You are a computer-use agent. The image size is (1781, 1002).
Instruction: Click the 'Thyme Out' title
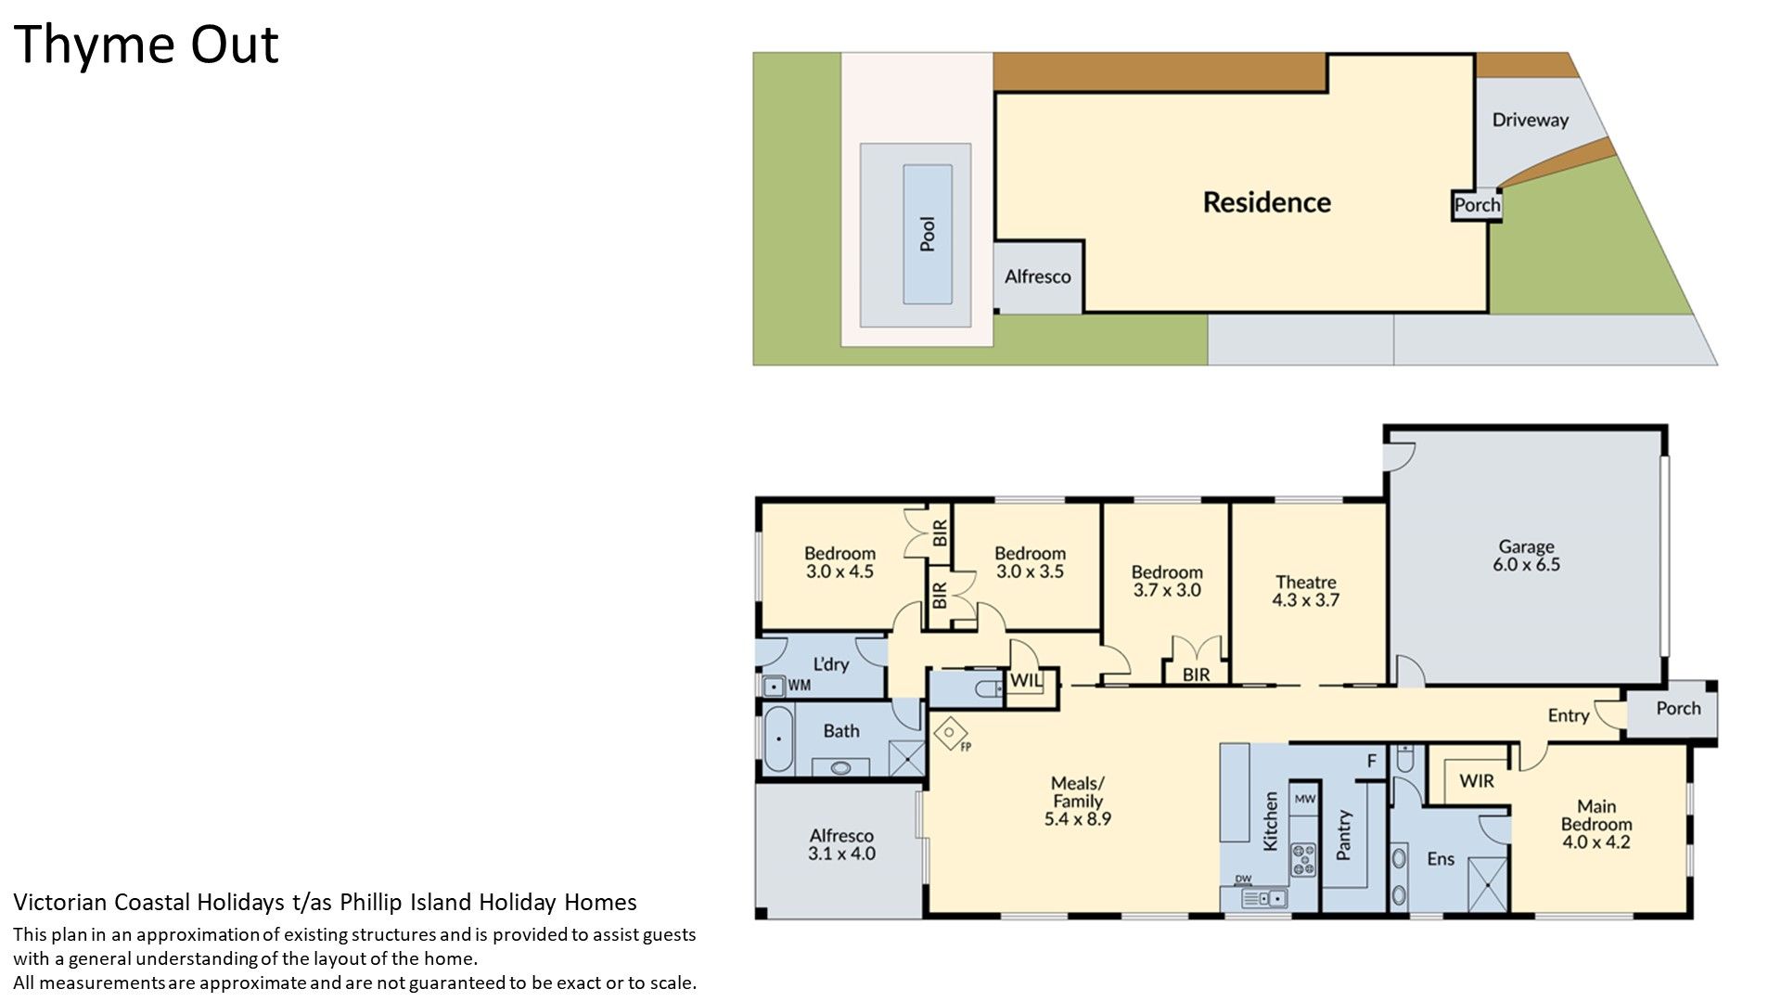(x=146, y=45)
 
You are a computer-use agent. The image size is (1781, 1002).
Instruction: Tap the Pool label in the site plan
(x=928, y=234)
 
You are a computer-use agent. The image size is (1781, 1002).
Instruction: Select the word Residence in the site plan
(x=1266, y=202)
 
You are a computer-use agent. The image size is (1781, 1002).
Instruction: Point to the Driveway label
(x=1531, y=120)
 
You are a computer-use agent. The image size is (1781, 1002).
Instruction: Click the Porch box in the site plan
(x=1477, y=205)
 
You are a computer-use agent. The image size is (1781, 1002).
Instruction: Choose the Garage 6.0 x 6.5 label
(x=1526, y=556)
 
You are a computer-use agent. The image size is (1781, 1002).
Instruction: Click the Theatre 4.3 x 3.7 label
(x=1306, y=591)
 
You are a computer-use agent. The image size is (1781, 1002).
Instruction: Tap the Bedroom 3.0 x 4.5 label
(x=839, y=562)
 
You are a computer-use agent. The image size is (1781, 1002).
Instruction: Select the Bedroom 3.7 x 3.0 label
(x=1167, y=581)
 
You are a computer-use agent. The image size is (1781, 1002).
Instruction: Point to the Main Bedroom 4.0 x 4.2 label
(x=1596, y=825)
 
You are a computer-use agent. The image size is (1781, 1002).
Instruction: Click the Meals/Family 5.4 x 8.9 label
(x=1078, y=801)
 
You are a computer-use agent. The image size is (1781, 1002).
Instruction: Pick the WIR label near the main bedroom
(x=1477, y=781)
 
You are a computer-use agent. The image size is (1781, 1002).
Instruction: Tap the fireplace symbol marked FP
(x=950, y=734)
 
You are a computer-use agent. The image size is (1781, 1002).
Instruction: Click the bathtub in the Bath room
(x=777, y=739)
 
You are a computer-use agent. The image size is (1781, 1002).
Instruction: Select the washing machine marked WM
(x=773, y=687)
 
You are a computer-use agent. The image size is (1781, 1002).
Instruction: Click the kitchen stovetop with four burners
(x=1303, y=858)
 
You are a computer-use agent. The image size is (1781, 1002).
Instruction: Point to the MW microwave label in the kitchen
(x=1305, y=799)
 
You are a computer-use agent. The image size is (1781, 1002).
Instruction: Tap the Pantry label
(x=1344, y=835)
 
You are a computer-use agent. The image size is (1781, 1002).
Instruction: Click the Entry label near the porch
(x=1569, y=715)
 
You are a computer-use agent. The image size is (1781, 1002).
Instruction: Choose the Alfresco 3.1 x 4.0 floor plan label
(x=841, y=844)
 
